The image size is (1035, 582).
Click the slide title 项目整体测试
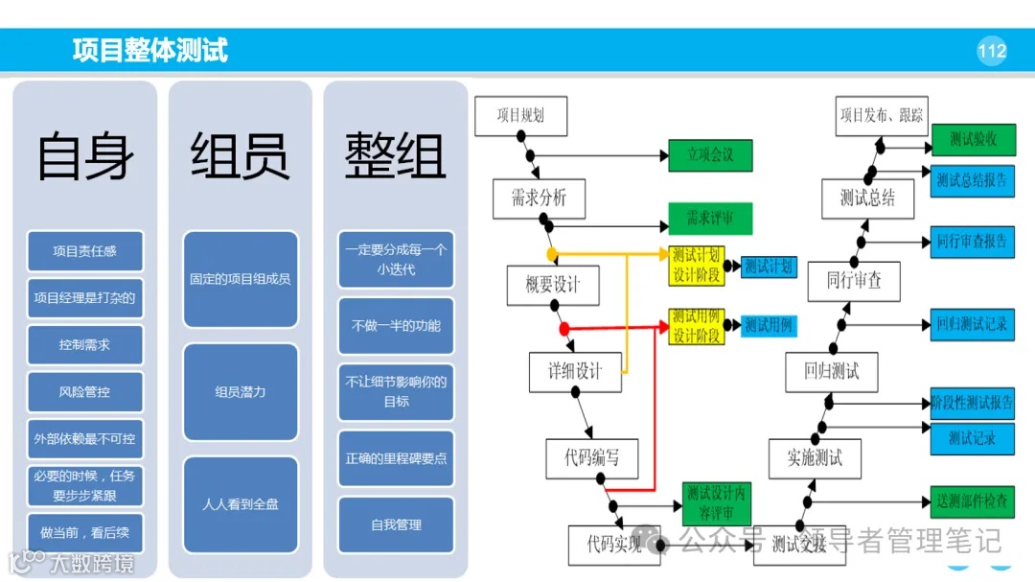pyautogui.click(x=150, y=50)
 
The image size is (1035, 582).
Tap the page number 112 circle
pyautogui.click(x=992, y=51)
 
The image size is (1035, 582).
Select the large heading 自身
pyautogui.click(x=84, y=156)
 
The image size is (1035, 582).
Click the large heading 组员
pyautogui.click(x=240, y=156)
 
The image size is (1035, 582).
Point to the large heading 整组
pyautogui.click(x=396, y=156)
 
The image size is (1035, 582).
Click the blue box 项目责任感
pyautogui.click(x=85, y=251)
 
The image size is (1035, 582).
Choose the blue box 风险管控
pyautogui.click(x=85, y=392)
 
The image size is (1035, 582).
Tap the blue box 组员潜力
pyautogui.click(x=241, y=392)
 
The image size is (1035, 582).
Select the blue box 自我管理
pyautogui.click(x=396, y=524)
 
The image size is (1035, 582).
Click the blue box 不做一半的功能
pyautogui.click(x=396, y=325)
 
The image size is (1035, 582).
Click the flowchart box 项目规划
pyautogui.click(x=520, y=116)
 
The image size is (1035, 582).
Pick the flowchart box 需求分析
pyautogui.click(x=539, y=198)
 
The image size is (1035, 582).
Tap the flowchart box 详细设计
pyautogui.click(x=575, y=372)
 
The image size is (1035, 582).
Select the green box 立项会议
pyautogui.click(x=710, y=155)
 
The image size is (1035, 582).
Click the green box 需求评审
pyautogui.click(x=710, y=219)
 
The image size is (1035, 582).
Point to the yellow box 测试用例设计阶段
pyautogui.click(x=697, y=326)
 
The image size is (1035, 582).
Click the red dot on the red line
pyautogui.click(x=564, y=329)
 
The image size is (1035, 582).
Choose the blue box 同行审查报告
pyautogui.click(x=972, y=242)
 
